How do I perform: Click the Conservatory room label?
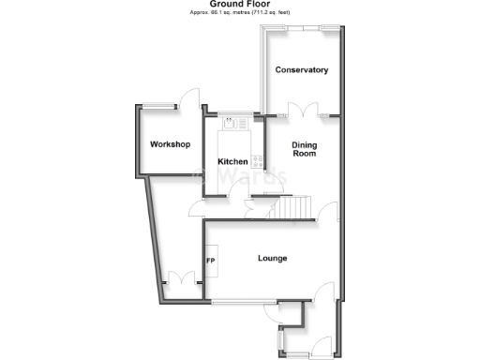click(301, 70)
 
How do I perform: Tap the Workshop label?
click(170, 144)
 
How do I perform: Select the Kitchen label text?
click(232, 162)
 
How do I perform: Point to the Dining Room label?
click(304, 149)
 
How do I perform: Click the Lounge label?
click(272, 259)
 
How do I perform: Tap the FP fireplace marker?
click(211, 261)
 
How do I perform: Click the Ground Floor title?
click(240, 4)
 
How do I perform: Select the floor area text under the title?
click(240, 13)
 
